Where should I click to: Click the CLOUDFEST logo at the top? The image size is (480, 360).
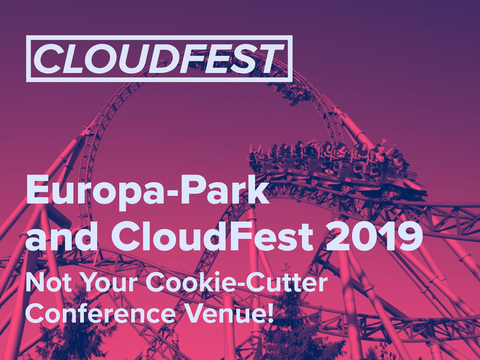(159, 58)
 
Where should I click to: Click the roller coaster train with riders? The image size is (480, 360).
(332, 164)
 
